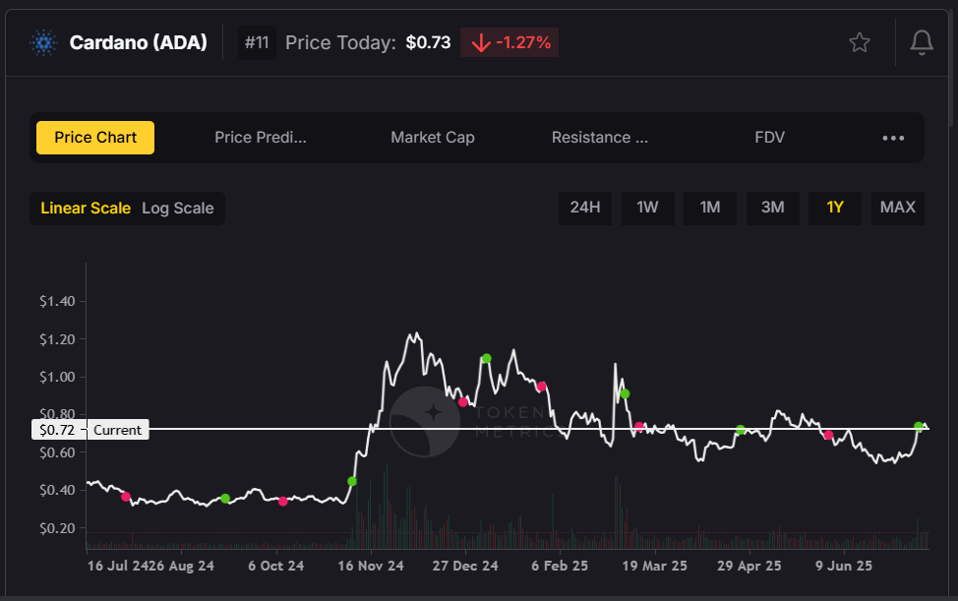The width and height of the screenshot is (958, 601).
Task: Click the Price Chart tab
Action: point(95,138)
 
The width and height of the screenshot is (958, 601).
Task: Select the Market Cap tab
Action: point(432,138)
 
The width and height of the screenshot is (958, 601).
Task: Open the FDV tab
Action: point(769,138)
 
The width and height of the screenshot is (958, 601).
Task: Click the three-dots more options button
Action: point(893,138)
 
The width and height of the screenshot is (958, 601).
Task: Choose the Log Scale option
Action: point(177,209)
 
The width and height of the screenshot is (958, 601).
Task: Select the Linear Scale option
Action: point(86,209)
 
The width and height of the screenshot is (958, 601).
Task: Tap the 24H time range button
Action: point(585,208)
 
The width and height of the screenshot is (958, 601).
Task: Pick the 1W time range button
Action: point(647,208)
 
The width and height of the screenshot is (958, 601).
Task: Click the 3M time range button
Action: point(772,208)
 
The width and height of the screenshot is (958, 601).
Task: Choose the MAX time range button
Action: point(897,208)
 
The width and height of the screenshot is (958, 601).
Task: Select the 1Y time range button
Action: point(835,208)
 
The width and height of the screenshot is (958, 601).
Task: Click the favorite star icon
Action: point(860,42)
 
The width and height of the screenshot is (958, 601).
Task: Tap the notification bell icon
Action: point(922,42)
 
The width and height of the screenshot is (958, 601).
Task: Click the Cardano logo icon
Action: point(44,43)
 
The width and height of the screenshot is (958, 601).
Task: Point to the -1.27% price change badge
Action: point(509,43)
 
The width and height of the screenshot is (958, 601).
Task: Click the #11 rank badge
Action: point(257,43)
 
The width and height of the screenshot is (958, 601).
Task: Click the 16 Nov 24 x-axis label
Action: point(370,567)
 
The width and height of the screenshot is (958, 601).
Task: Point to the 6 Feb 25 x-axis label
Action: point(560,567)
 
